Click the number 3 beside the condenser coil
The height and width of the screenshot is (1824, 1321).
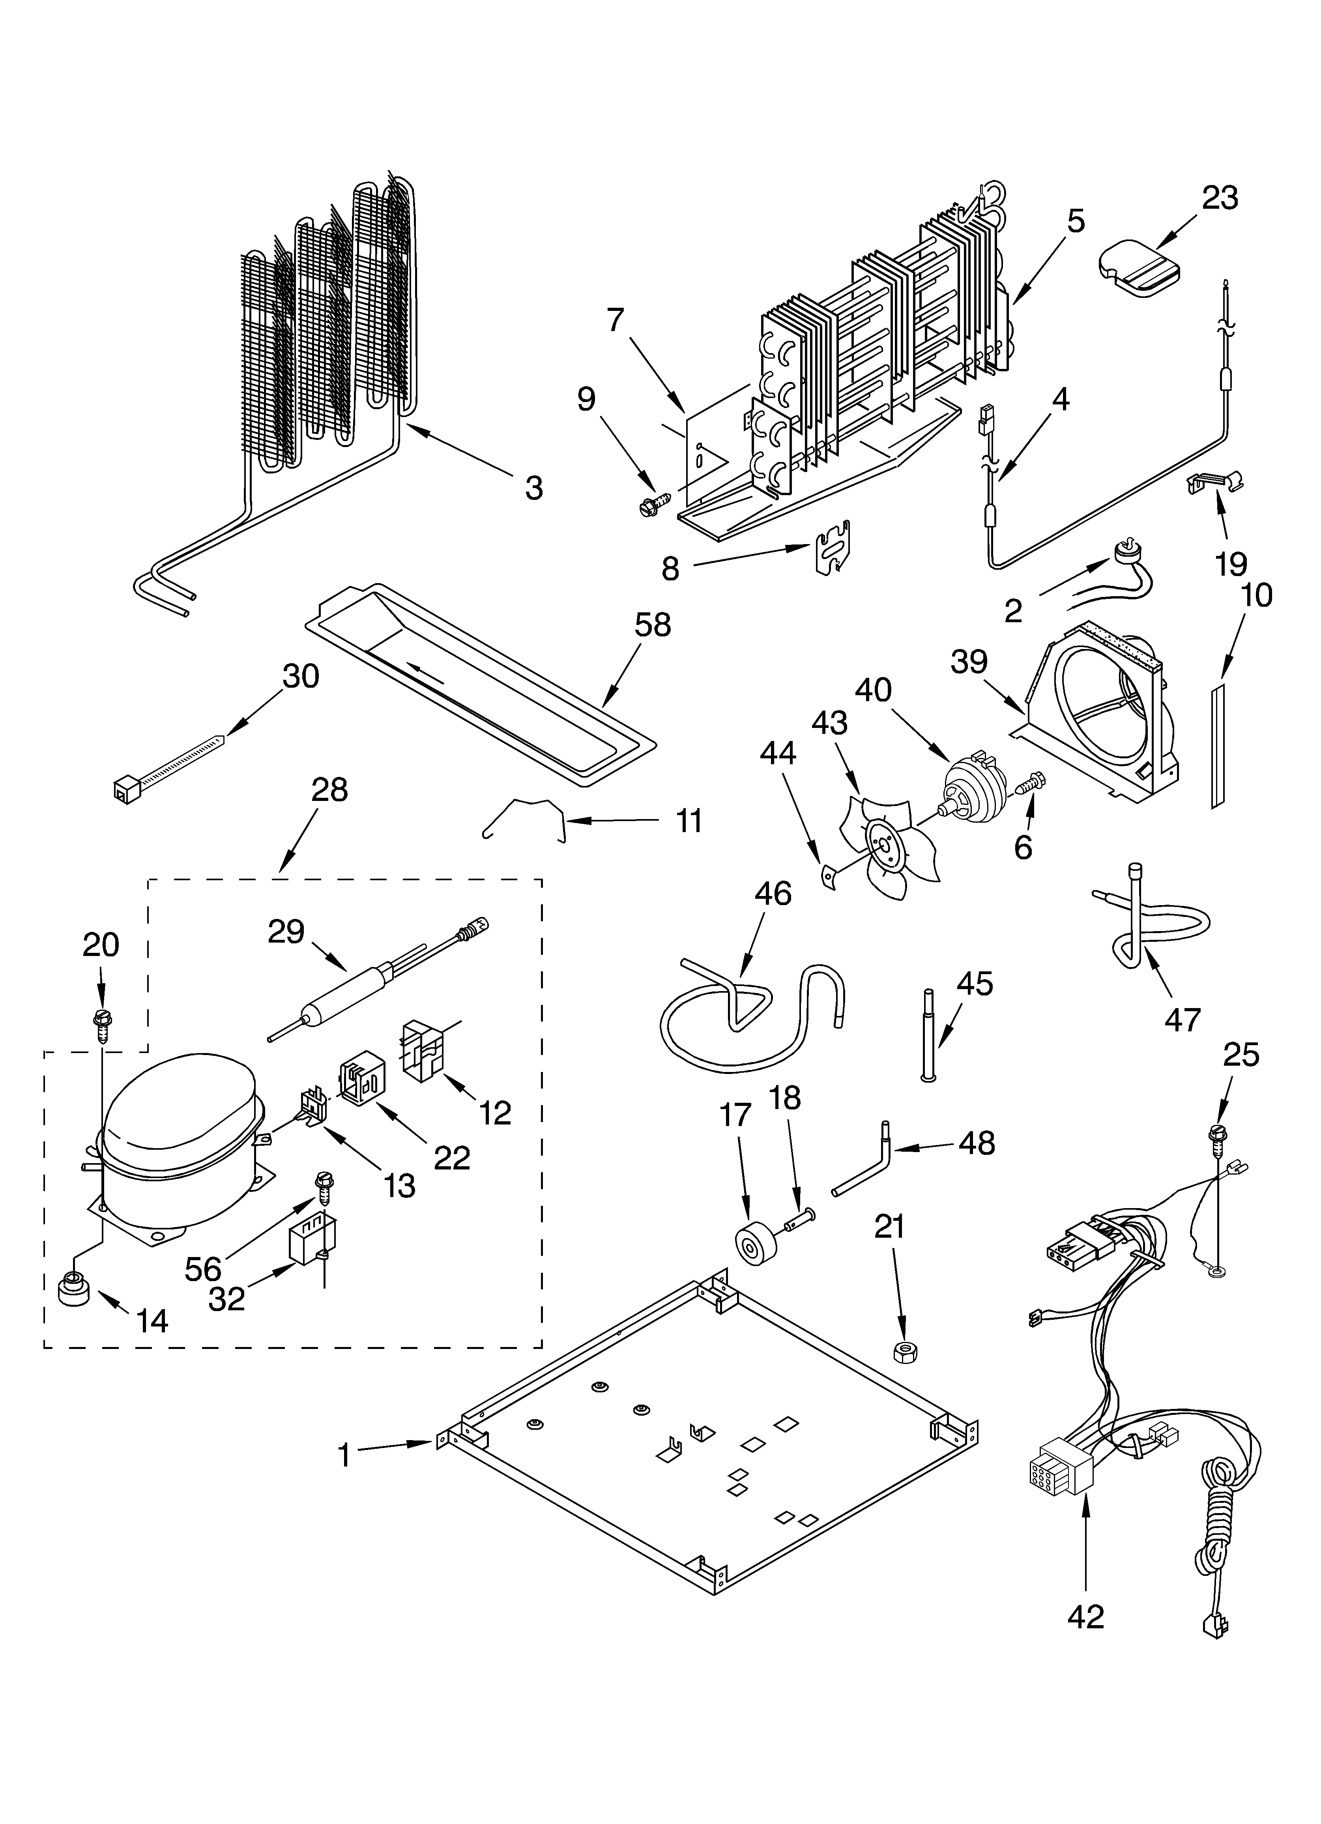[533, 487]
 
